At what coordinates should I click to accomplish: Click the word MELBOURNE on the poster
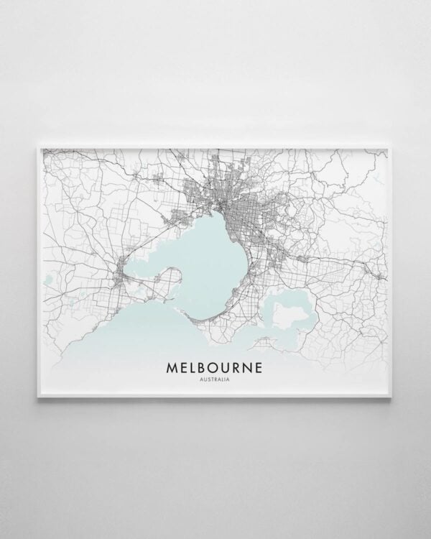point(215,368)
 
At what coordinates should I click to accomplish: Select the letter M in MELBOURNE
point(172,368)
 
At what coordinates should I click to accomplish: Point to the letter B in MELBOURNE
point(205,368)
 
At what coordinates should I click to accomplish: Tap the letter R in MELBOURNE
point(243,368)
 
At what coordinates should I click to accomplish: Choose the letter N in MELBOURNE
point(255,368)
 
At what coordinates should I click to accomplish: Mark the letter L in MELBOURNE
point(195,368)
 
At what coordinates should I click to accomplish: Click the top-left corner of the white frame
point(38,146)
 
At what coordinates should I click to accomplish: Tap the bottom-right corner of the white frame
point(393,400)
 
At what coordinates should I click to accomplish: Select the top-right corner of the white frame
point(393,146)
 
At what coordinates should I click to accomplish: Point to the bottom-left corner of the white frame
point(38,400)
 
